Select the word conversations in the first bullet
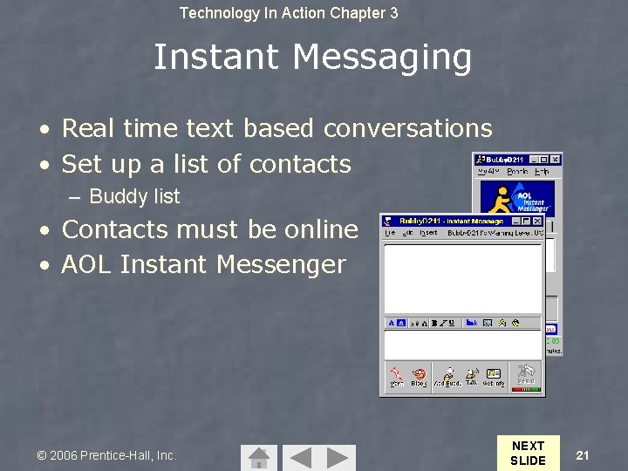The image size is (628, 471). pyautogui.click(x=407, y=129)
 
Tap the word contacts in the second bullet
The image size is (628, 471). pyautogui.click(x=299, y=164)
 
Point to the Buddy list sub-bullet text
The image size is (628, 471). pyautogui.click(x=134, y=197)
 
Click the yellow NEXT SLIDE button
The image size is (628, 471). pyautogui.click(x=528, y=453)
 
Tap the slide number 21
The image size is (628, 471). pyautogui.click(x=584, y=454)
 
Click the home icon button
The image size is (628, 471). pyautogui.click(x=258, y=457)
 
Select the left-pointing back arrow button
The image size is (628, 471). pyautogui.click(x=299, y=457)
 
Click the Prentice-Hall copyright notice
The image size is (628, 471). pyautogui.click(x=106, y=455)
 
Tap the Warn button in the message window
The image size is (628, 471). pyautogui.click(x=397, y=377)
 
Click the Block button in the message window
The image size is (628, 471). pyautogui.click(x=420, y=377)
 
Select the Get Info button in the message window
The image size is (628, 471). pyautogui.click(x=495, y=377)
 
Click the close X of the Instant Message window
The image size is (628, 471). pyautogui.click(x=538, y=222)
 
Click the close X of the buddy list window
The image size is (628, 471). pyautogui.click(x=556, y=160)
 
